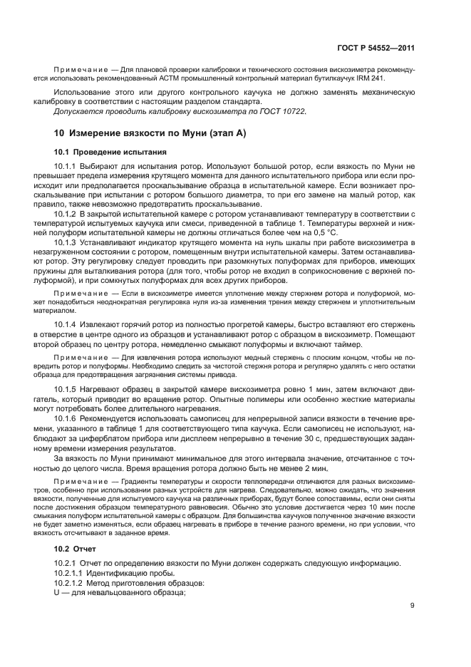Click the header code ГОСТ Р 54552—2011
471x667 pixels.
(376, 48)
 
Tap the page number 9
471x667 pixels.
(413, 606)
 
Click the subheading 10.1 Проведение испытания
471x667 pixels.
(110, 152)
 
